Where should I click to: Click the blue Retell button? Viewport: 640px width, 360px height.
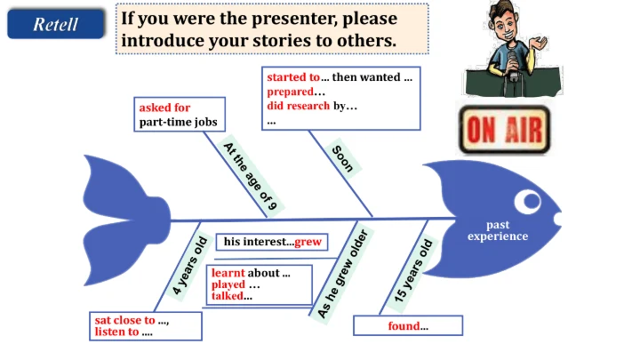pyautogui.click(x=55, y=24)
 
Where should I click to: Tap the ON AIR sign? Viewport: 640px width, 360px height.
pyautogui.click(x=504, y=130)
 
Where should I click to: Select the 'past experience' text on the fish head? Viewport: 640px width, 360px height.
pyautogui.click(x=498, y=231)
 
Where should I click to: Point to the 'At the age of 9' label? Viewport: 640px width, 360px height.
pyautogui.click(x=251, y=176)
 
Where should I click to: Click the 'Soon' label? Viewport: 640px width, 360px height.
pyautogui.click(x=343, y=158)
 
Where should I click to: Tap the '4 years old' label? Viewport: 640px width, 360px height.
pyautogui.click(x=189, y=266)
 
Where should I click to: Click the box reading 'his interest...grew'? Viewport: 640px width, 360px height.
pyautogui.click(x=272, y=242)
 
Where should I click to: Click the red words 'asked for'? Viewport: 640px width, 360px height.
pyautogui.click(x=164, y=108)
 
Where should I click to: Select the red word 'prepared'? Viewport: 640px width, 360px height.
pyautogui.click(x=290, y=92)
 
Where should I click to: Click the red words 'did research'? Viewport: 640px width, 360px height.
pyautogui.click(x=298, y=106)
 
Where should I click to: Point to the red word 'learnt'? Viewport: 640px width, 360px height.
pyautogui.click(x=228, y=273)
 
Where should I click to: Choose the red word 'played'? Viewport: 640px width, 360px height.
pyautogui.click(x=228, y=284)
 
